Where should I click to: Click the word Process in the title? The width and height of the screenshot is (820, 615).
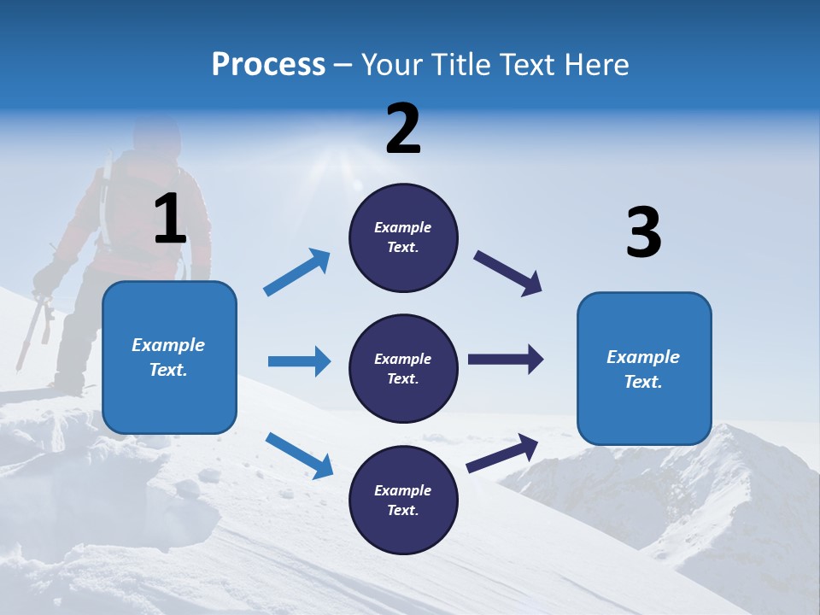point(268,64)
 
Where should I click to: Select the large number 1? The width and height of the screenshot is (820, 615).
point(170,220)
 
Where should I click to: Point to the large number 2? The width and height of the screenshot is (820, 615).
point(403,129)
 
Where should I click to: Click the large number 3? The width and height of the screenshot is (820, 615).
point(643,232)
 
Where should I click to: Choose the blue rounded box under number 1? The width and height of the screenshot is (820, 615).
point(169,357)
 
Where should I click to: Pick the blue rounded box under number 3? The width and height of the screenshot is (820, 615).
point(644,368)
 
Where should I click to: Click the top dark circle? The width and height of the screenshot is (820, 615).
point(403,237)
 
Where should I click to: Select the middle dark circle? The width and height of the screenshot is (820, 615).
point(403,368)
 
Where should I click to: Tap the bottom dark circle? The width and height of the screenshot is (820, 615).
point(403,500)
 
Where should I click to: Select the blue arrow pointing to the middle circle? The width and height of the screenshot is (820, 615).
point(299,361)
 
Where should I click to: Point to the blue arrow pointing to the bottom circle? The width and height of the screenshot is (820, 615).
point(299,454)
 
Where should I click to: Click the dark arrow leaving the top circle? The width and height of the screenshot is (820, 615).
point(508,273)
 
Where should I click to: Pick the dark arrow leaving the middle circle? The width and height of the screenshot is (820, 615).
point(505,360)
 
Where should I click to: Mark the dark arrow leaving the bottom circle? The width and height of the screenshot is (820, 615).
point(502,454)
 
